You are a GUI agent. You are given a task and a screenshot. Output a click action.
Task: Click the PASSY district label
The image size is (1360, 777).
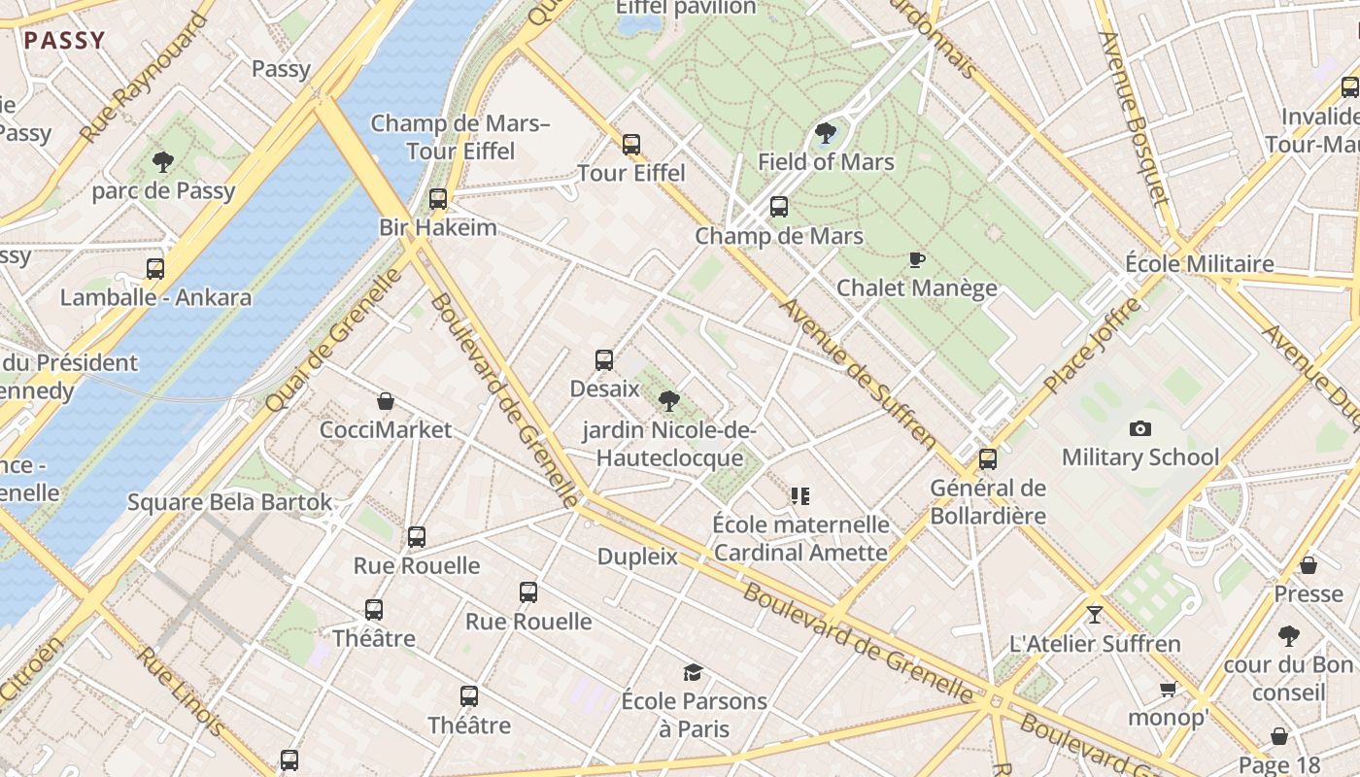pos(64,41)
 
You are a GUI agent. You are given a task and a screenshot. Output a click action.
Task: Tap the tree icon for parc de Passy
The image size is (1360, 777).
pos(163,161)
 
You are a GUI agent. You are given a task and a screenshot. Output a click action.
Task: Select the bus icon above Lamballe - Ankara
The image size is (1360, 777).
pos(155,268)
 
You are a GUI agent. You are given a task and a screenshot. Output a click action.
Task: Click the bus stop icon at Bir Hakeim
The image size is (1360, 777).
pos(438,198)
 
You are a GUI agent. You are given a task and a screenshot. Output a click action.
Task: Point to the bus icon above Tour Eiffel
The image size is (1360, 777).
pos(631,145)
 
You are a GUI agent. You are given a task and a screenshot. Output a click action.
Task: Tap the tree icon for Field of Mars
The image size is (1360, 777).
pos(826,132)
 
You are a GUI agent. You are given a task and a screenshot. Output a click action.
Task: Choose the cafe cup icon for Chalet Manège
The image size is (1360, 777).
pos(916,259)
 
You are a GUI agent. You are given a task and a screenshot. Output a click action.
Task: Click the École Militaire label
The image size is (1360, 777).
pos(1199,264)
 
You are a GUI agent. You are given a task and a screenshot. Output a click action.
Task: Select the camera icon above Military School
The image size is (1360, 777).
pos(1140,428)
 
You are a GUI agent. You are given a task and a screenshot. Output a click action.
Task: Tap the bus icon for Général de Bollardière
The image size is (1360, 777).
pos(988,458)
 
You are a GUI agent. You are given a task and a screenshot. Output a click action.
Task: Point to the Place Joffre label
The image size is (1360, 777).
pos(1092,347)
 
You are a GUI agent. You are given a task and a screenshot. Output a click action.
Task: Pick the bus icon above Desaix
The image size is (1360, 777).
pos(604,360)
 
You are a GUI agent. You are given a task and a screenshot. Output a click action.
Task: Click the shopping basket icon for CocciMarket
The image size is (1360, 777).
pos(386,401)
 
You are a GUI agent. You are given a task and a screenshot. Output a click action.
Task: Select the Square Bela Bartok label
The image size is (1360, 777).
pos(230,502)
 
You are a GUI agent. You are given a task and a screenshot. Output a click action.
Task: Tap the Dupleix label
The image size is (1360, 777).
pos(637,557)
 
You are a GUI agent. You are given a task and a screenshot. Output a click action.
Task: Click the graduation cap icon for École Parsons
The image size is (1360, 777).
pos(693,672)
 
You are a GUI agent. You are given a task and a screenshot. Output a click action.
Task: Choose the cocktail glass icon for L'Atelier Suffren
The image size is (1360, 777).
pos(1095,614)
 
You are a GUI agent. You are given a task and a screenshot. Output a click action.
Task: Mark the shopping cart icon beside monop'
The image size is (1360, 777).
pos(1168,690)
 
